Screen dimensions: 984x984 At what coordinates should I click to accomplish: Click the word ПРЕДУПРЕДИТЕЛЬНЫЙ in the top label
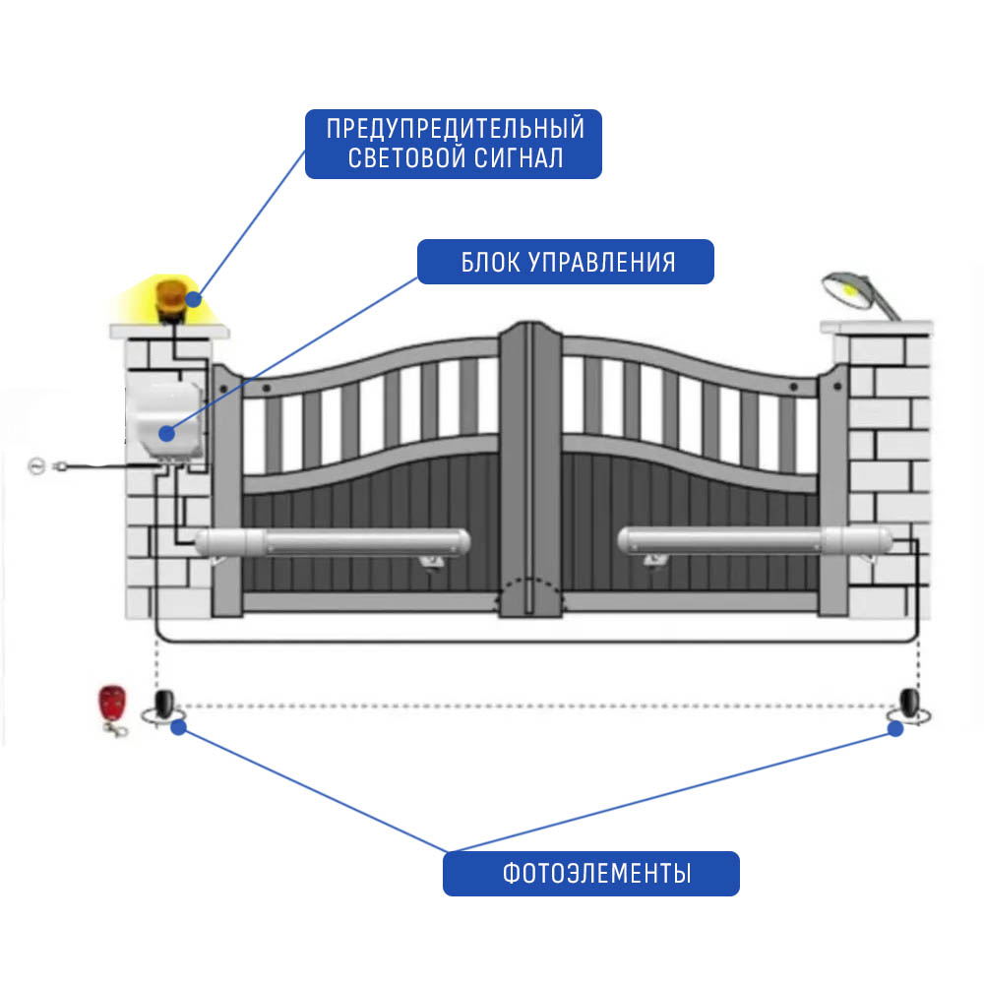click(456, 129)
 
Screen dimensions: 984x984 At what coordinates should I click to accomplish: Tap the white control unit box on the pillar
click(165, 419)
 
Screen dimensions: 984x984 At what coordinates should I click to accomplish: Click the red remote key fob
click(113, 709)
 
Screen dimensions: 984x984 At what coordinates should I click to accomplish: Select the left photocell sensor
click(164, 706)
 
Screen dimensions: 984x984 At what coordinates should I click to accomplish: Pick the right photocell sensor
click(909, 706)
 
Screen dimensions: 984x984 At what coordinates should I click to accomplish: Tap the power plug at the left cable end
click(60, 466)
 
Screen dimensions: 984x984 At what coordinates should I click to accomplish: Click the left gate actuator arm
click(333, 543)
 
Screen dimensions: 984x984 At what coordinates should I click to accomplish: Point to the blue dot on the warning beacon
click(194, 299)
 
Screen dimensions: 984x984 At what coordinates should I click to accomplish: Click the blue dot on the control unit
click(166, 433)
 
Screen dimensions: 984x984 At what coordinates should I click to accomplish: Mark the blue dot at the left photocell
click(179, 727)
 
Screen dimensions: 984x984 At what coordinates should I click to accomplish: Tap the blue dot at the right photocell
click(895, 728)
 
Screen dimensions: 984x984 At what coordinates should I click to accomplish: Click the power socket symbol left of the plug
click(37, 466)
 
